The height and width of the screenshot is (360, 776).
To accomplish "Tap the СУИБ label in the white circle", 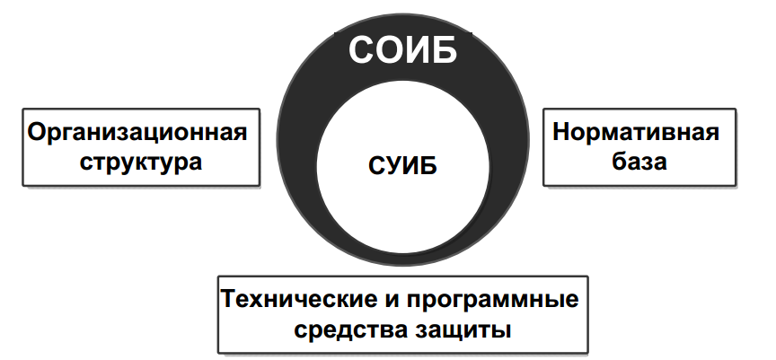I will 402,167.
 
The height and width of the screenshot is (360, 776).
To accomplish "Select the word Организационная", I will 137,133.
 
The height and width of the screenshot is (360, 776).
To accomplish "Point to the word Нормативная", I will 636,133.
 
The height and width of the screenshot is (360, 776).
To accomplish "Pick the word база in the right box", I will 636,162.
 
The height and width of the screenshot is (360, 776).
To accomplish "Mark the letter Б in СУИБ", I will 428,167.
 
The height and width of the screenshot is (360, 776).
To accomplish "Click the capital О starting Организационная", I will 37,133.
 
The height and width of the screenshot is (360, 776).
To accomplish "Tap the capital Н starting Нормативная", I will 561,133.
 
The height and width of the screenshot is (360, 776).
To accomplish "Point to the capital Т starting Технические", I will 229,297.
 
